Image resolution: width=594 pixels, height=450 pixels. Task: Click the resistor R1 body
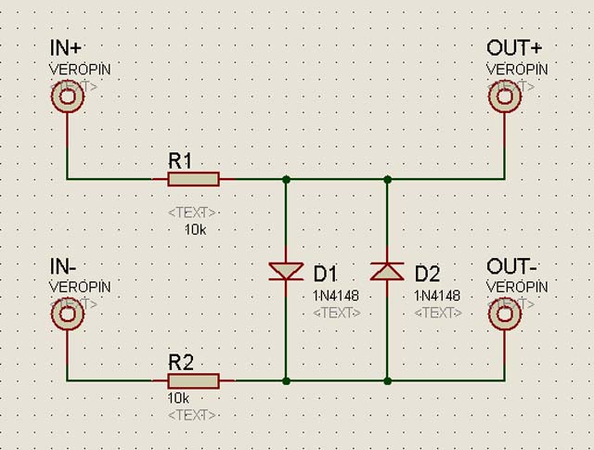[193, 179]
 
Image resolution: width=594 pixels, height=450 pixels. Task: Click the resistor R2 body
[193, 380]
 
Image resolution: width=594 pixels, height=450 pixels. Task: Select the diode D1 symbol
[286, 271]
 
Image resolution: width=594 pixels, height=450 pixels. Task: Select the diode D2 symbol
[387, 271]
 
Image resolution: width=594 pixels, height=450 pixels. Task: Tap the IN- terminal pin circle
[68, 315]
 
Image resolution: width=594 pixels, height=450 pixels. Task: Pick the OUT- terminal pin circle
[505, 315]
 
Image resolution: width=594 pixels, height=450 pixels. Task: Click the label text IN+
[66, 49]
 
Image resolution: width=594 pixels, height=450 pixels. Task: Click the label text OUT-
[510, 267]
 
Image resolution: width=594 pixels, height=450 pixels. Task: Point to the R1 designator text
[180, 160]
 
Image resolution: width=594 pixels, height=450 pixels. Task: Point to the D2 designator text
[428, 274]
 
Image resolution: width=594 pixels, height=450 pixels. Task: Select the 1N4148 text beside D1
[337, 295]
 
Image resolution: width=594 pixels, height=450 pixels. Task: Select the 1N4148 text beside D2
[438, 295]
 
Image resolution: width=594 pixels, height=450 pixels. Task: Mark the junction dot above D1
[286, 178]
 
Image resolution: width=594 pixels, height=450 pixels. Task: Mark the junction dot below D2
[387, 380]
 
